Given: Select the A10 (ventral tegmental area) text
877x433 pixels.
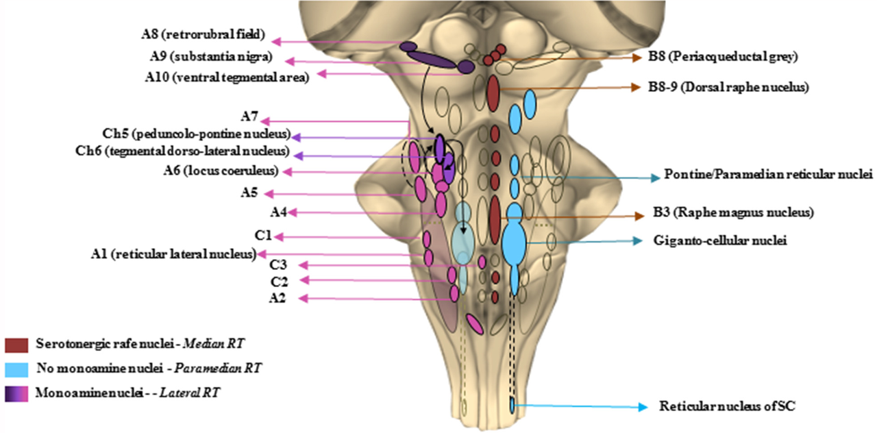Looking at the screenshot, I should pos(227,77).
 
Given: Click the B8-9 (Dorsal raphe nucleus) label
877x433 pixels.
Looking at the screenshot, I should pos(729,88).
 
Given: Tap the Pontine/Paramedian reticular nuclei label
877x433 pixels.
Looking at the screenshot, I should pos(769,175).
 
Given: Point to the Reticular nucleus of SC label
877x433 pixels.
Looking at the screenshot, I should pos(727,406).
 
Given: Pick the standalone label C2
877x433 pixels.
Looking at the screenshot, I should pos(279,281).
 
